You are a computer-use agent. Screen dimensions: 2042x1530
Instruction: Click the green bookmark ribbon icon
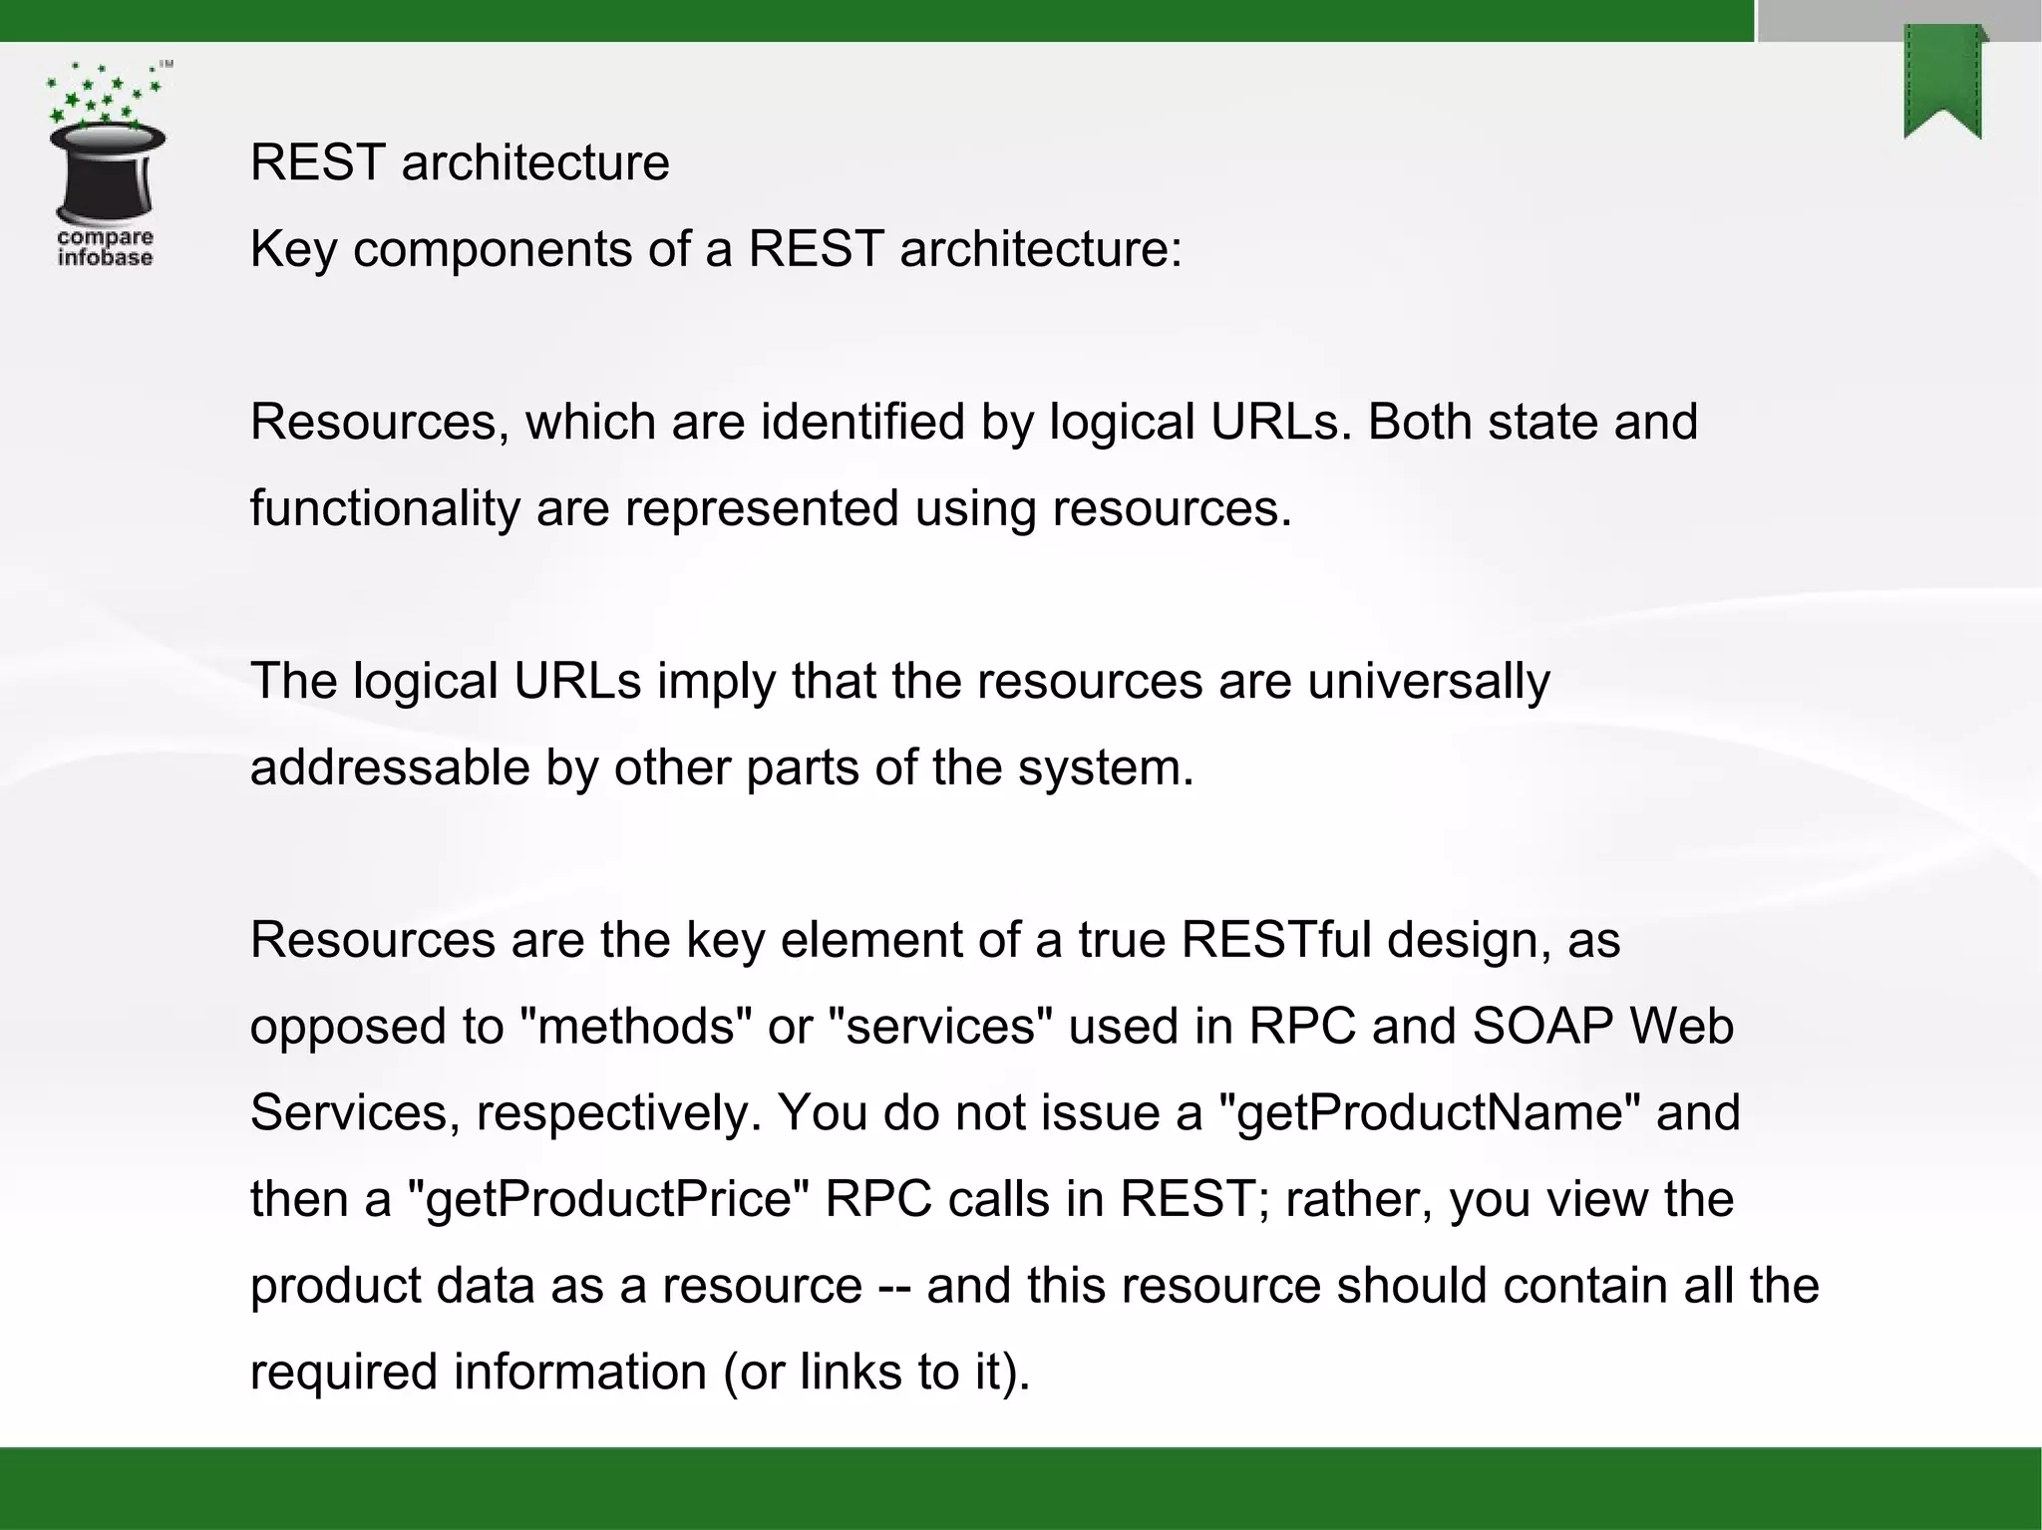[x=1943, y=84]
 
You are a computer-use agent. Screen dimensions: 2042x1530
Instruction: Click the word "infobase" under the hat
[x=105, y=258]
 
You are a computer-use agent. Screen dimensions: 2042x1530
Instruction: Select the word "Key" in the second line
[x=292, y=249]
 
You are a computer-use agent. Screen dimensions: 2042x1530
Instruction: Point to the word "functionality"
[x=385, y=508]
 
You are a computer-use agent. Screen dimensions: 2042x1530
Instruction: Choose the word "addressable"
[x=389, y=767]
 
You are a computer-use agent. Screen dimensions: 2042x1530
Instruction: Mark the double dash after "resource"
[x=894, y=1286]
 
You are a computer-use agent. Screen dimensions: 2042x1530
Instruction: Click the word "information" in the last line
[x=580, y=1373]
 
